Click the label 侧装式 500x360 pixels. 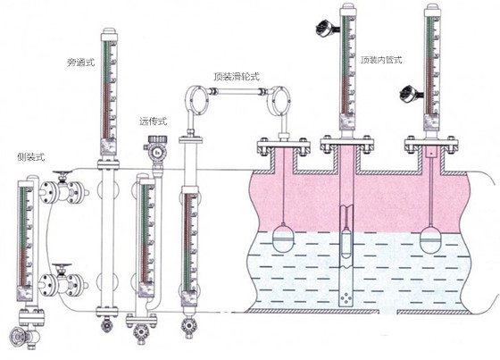coord(30,157)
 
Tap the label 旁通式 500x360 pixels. coord(81,62)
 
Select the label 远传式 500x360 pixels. coord(153,121)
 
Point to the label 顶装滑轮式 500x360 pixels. coord(237,77)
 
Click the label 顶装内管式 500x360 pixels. coord(381,60)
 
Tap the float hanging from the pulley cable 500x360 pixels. coord(282,239)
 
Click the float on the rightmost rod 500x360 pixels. coord(430,239)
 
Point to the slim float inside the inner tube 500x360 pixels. coord(346,243)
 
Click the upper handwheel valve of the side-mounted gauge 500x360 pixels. coord(62,188)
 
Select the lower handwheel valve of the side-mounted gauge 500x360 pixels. coord(62,280)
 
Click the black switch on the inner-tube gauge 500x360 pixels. coord(325,28)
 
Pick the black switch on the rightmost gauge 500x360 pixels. coord(410,93)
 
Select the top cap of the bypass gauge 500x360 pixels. coord(109,31)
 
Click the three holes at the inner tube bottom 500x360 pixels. coord(346,298)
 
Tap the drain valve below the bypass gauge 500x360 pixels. coord(105,324)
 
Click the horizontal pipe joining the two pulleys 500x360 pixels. coord(237,92)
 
